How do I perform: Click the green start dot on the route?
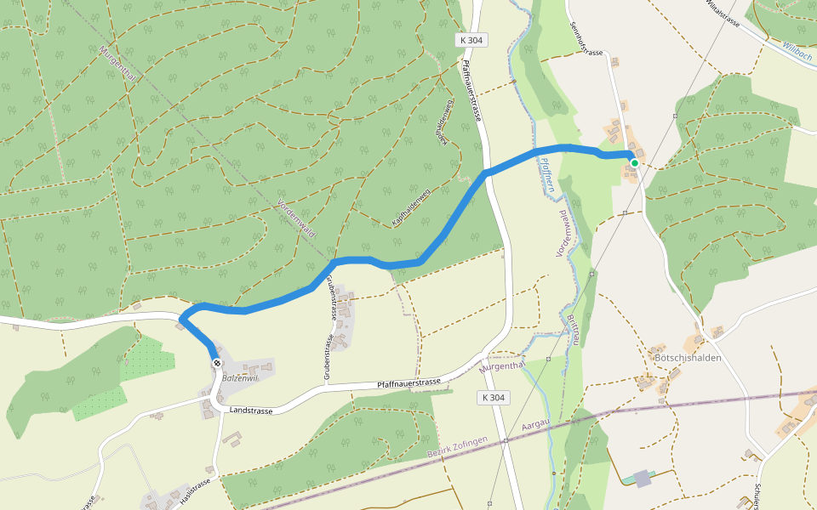click(635, 162)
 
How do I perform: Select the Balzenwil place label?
click(238, 377)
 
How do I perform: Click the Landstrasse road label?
click(251, 411)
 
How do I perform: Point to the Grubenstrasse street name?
click(329, 333)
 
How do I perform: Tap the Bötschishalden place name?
click(687, 358)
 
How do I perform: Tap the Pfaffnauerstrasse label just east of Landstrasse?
click(408, 384)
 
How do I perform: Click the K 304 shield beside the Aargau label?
click(493, 397)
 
